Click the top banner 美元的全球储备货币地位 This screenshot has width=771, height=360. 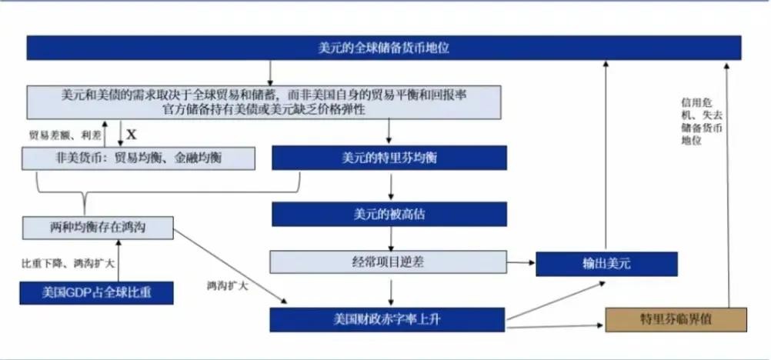click(384, 48)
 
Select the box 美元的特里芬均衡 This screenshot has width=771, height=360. click(389, 158)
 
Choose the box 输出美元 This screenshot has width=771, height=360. click(606, 264)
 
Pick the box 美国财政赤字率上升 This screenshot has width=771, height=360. click(387, 319)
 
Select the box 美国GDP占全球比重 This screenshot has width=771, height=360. click(96, 293)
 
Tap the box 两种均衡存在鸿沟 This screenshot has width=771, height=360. click(96, 227)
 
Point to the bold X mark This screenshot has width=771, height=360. click(131, 134)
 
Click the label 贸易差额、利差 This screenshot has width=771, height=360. click(65, 135)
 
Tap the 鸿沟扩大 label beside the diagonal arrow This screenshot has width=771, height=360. click(227, 285)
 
